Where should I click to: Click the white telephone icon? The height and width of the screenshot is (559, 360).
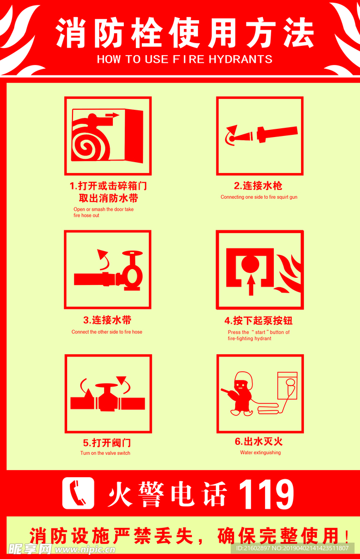coord(78,493)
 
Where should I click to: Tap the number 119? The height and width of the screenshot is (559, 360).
coord(266,494)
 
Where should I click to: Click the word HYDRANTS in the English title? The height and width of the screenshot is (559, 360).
coord(241,59)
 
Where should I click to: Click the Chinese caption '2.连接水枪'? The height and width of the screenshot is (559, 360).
coord(258,186)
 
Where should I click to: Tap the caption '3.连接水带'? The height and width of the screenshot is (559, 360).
coord(107,320)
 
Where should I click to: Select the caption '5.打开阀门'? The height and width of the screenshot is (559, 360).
coord(107,443)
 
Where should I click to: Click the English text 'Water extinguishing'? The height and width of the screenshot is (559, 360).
coord(260,453)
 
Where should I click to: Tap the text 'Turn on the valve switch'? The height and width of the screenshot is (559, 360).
coord(105,453)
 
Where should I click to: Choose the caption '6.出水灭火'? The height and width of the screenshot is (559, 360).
coord(259,442)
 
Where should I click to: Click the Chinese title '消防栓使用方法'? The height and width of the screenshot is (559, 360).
coord(185,33)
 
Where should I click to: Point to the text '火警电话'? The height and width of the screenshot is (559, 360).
coord(167,494)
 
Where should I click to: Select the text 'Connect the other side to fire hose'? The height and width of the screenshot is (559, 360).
coord(107,332)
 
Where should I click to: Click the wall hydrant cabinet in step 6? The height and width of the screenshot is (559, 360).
coord(287,386)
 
